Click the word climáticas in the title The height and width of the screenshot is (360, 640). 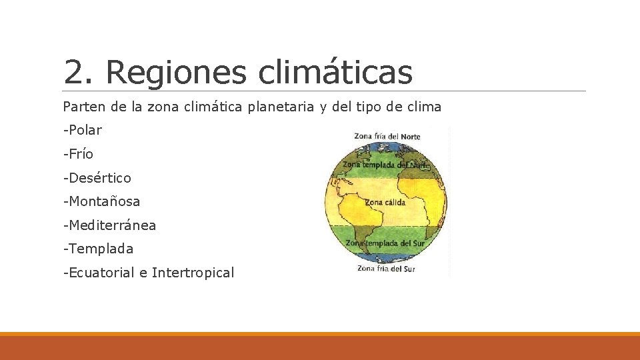click(335, 72)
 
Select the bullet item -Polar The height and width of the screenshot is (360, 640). click(82, 130)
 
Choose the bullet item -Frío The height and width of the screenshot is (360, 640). click(78, 154)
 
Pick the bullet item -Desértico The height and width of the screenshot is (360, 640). click(97, 178)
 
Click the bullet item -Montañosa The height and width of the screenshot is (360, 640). click(101, 201)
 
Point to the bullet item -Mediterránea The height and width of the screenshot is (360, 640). click(109, 225)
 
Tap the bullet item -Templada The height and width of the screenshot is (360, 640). click(98, 249)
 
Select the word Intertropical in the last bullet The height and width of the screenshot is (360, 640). click(193, 273)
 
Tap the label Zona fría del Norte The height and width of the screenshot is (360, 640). click(387, 137)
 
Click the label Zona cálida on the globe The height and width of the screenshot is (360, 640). click(385, 202)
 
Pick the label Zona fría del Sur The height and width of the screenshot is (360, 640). click(386, 269)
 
